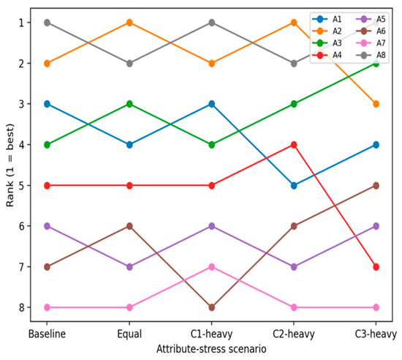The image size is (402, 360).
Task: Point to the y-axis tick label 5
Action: point(21,186)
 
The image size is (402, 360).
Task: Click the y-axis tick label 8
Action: point(21,307)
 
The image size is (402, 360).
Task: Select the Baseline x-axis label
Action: point(47,334)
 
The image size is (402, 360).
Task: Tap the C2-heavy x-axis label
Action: point(294,334)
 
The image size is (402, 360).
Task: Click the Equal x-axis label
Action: point(129,334)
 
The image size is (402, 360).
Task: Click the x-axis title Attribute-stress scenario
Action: point(211,349)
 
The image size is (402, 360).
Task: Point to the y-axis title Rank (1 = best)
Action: point(10,165)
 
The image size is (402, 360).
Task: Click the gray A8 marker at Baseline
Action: point(48,23)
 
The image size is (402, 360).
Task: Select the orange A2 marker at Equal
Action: point(129,23)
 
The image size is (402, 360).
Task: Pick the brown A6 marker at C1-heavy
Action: point(211,307)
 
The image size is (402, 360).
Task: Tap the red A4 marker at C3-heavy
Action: point(376,267)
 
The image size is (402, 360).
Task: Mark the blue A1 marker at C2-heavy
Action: point(294,186)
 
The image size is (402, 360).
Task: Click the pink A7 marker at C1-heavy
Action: point(211,267)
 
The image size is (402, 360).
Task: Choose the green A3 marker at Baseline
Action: point(48,145)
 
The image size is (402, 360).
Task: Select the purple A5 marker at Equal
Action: point(129,267)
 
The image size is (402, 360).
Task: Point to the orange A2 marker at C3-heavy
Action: point(376,104)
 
